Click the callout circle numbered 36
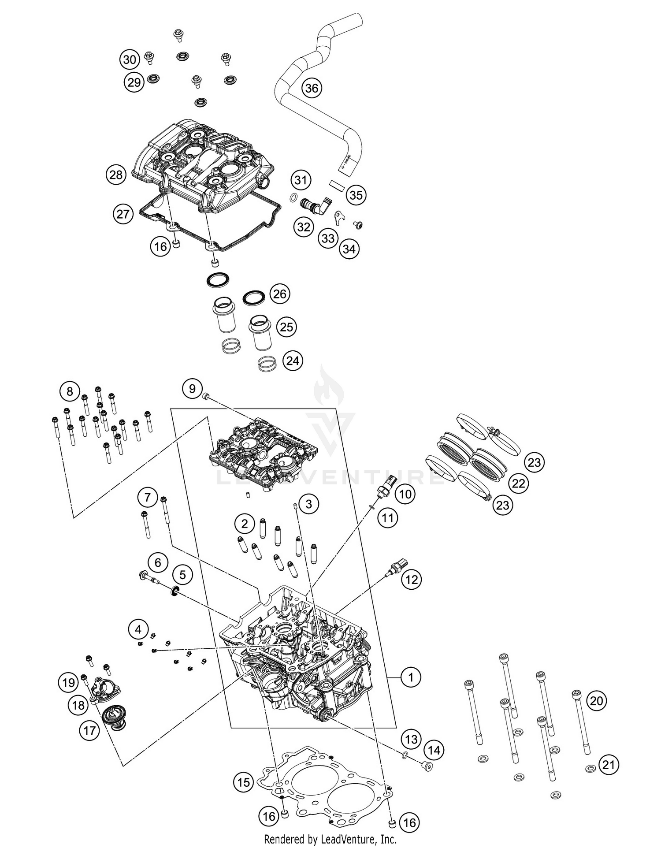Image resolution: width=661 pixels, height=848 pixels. (x=312, y=88)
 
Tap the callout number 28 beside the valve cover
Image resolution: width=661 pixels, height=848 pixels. (x=116, y=175)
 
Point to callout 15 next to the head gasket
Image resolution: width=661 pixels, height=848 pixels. (x=244, y=782)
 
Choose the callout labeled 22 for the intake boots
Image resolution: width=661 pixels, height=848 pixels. (x=518, y=484)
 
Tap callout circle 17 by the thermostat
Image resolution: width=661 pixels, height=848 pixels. (x=89, y=731)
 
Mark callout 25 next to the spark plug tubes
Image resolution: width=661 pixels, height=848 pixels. (x=286, y=327)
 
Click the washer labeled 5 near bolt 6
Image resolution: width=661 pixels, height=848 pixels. (x=175, y=592)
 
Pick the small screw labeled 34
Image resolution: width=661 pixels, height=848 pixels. (x=358, y=225)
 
